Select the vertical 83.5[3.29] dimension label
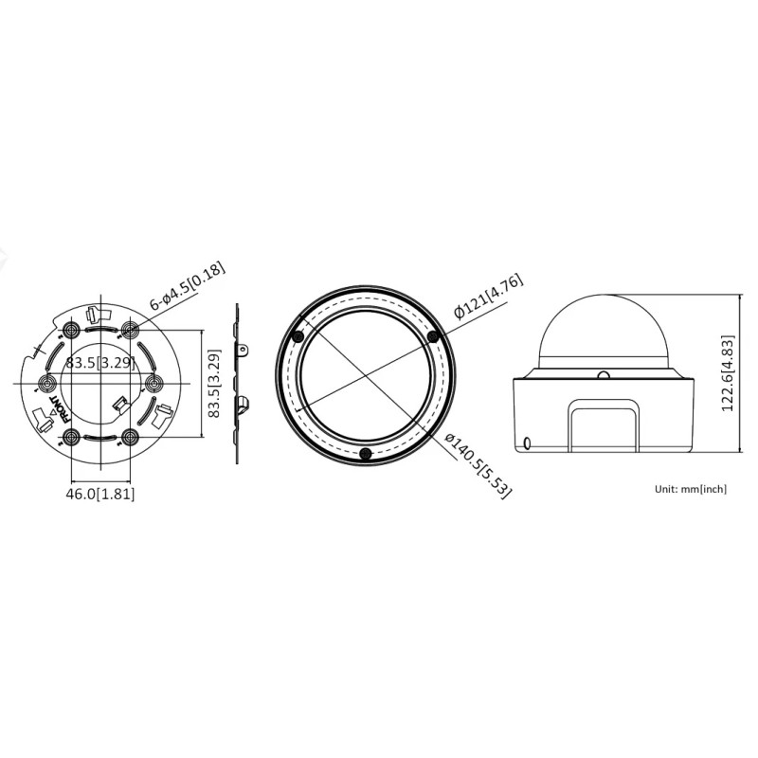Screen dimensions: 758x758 215,384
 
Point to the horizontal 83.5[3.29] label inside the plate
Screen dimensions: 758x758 99,363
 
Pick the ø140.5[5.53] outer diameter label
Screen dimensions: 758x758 471,463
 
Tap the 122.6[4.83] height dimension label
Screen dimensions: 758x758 728,372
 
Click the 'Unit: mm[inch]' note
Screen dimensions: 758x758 691,489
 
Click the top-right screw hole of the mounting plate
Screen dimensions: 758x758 130,330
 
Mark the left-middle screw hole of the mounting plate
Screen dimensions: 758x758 44,383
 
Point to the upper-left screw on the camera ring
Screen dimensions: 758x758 298,337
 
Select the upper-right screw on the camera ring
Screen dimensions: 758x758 434,336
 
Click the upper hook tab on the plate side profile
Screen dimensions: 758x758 244,351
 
